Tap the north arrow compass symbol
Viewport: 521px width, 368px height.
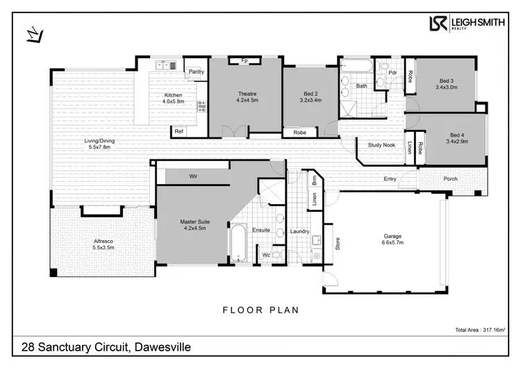33,33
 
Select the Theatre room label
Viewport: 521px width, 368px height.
247,94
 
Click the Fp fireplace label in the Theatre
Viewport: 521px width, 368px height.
245,61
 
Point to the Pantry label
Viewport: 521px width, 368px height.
196,72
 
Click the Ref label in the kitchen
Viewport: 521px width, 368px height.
179,131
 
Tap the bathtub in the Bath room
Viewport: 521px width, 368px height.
356,66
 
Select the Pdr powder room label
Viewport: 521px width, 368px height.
392,72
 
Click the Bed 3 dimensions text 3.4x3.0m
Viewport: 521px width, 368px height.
447,87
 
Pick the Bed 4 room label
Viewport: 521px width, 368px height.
456,135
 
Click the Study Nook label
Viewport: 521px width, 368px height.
381,146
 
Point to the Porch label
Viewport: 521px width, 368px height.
450,178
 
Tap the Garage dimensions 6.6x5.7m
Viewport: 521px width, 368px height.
392,243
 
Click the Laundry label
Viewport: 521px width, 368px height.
300,231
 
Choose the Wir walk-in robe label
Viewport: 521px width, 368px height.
194,177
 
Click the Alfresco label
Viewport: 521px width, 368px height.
106,241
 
